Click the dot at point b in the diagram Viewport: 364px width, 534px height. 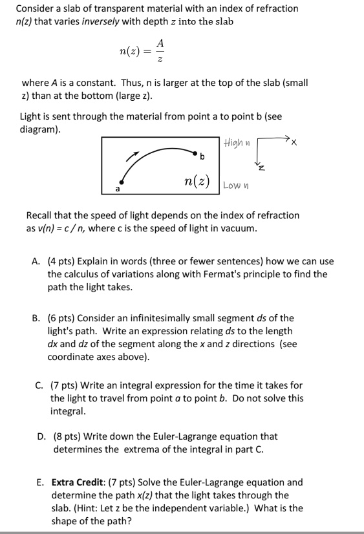(x=194, y=153)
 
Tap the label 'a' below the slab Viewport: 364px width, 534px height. (x=117, y=189)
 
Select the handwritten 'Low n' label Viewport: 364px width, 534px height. (x=236, y=185)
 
